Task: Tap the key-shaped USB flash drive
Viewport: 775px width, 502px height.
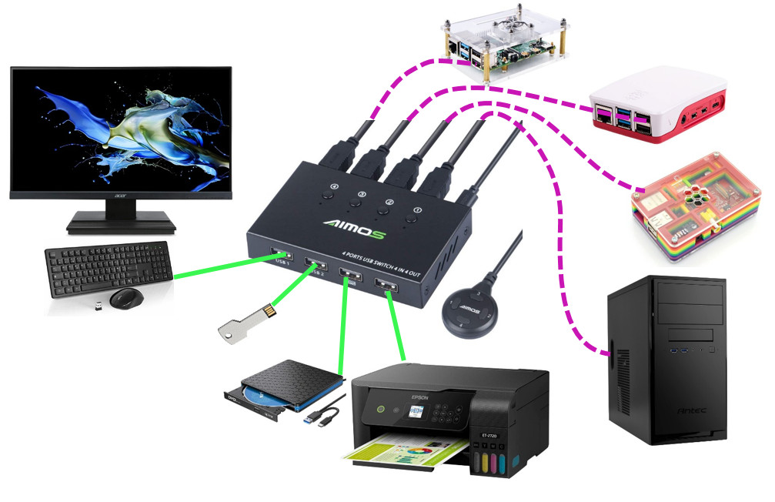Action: [248, 321]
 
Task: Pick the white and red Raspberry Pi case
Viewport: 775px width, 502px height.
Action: [658, 104]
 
